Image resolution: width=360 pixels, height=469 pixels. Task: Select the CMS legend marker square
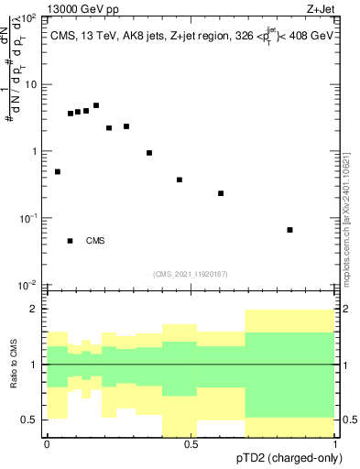[x=71, y=241]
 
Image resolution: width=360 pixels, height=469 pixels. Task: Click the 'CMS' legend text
[x=95, y=241]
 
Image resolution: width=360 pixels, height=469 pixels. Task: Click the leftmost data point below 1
[x=58, y=171]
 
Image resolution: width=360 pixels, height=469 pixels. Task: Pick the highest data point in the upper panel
[x=96, y=105]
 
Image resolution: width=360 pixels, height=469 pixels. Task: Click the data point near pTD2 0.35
[x=149, y=153]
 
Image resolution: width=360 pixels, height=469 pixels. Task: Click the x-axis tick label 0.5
[x=191, y=444]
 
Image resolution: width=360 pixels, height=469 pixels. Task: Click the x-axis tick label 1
[x=335, y=444]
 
